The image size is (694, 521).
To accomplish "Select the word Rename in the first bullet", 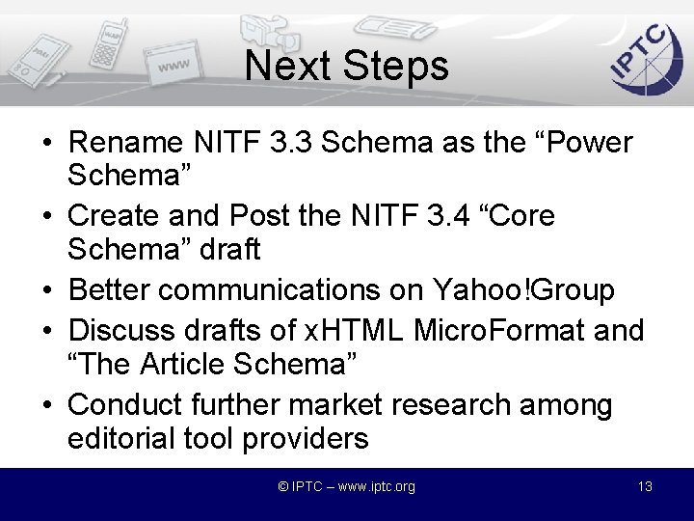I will (126, 143).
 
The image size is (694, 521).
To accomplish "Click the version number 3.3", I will (290, 143).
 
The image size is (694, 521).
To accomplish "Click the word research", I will (447, 404).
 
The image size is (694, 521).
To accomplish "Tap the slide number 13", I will (645, 486).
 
